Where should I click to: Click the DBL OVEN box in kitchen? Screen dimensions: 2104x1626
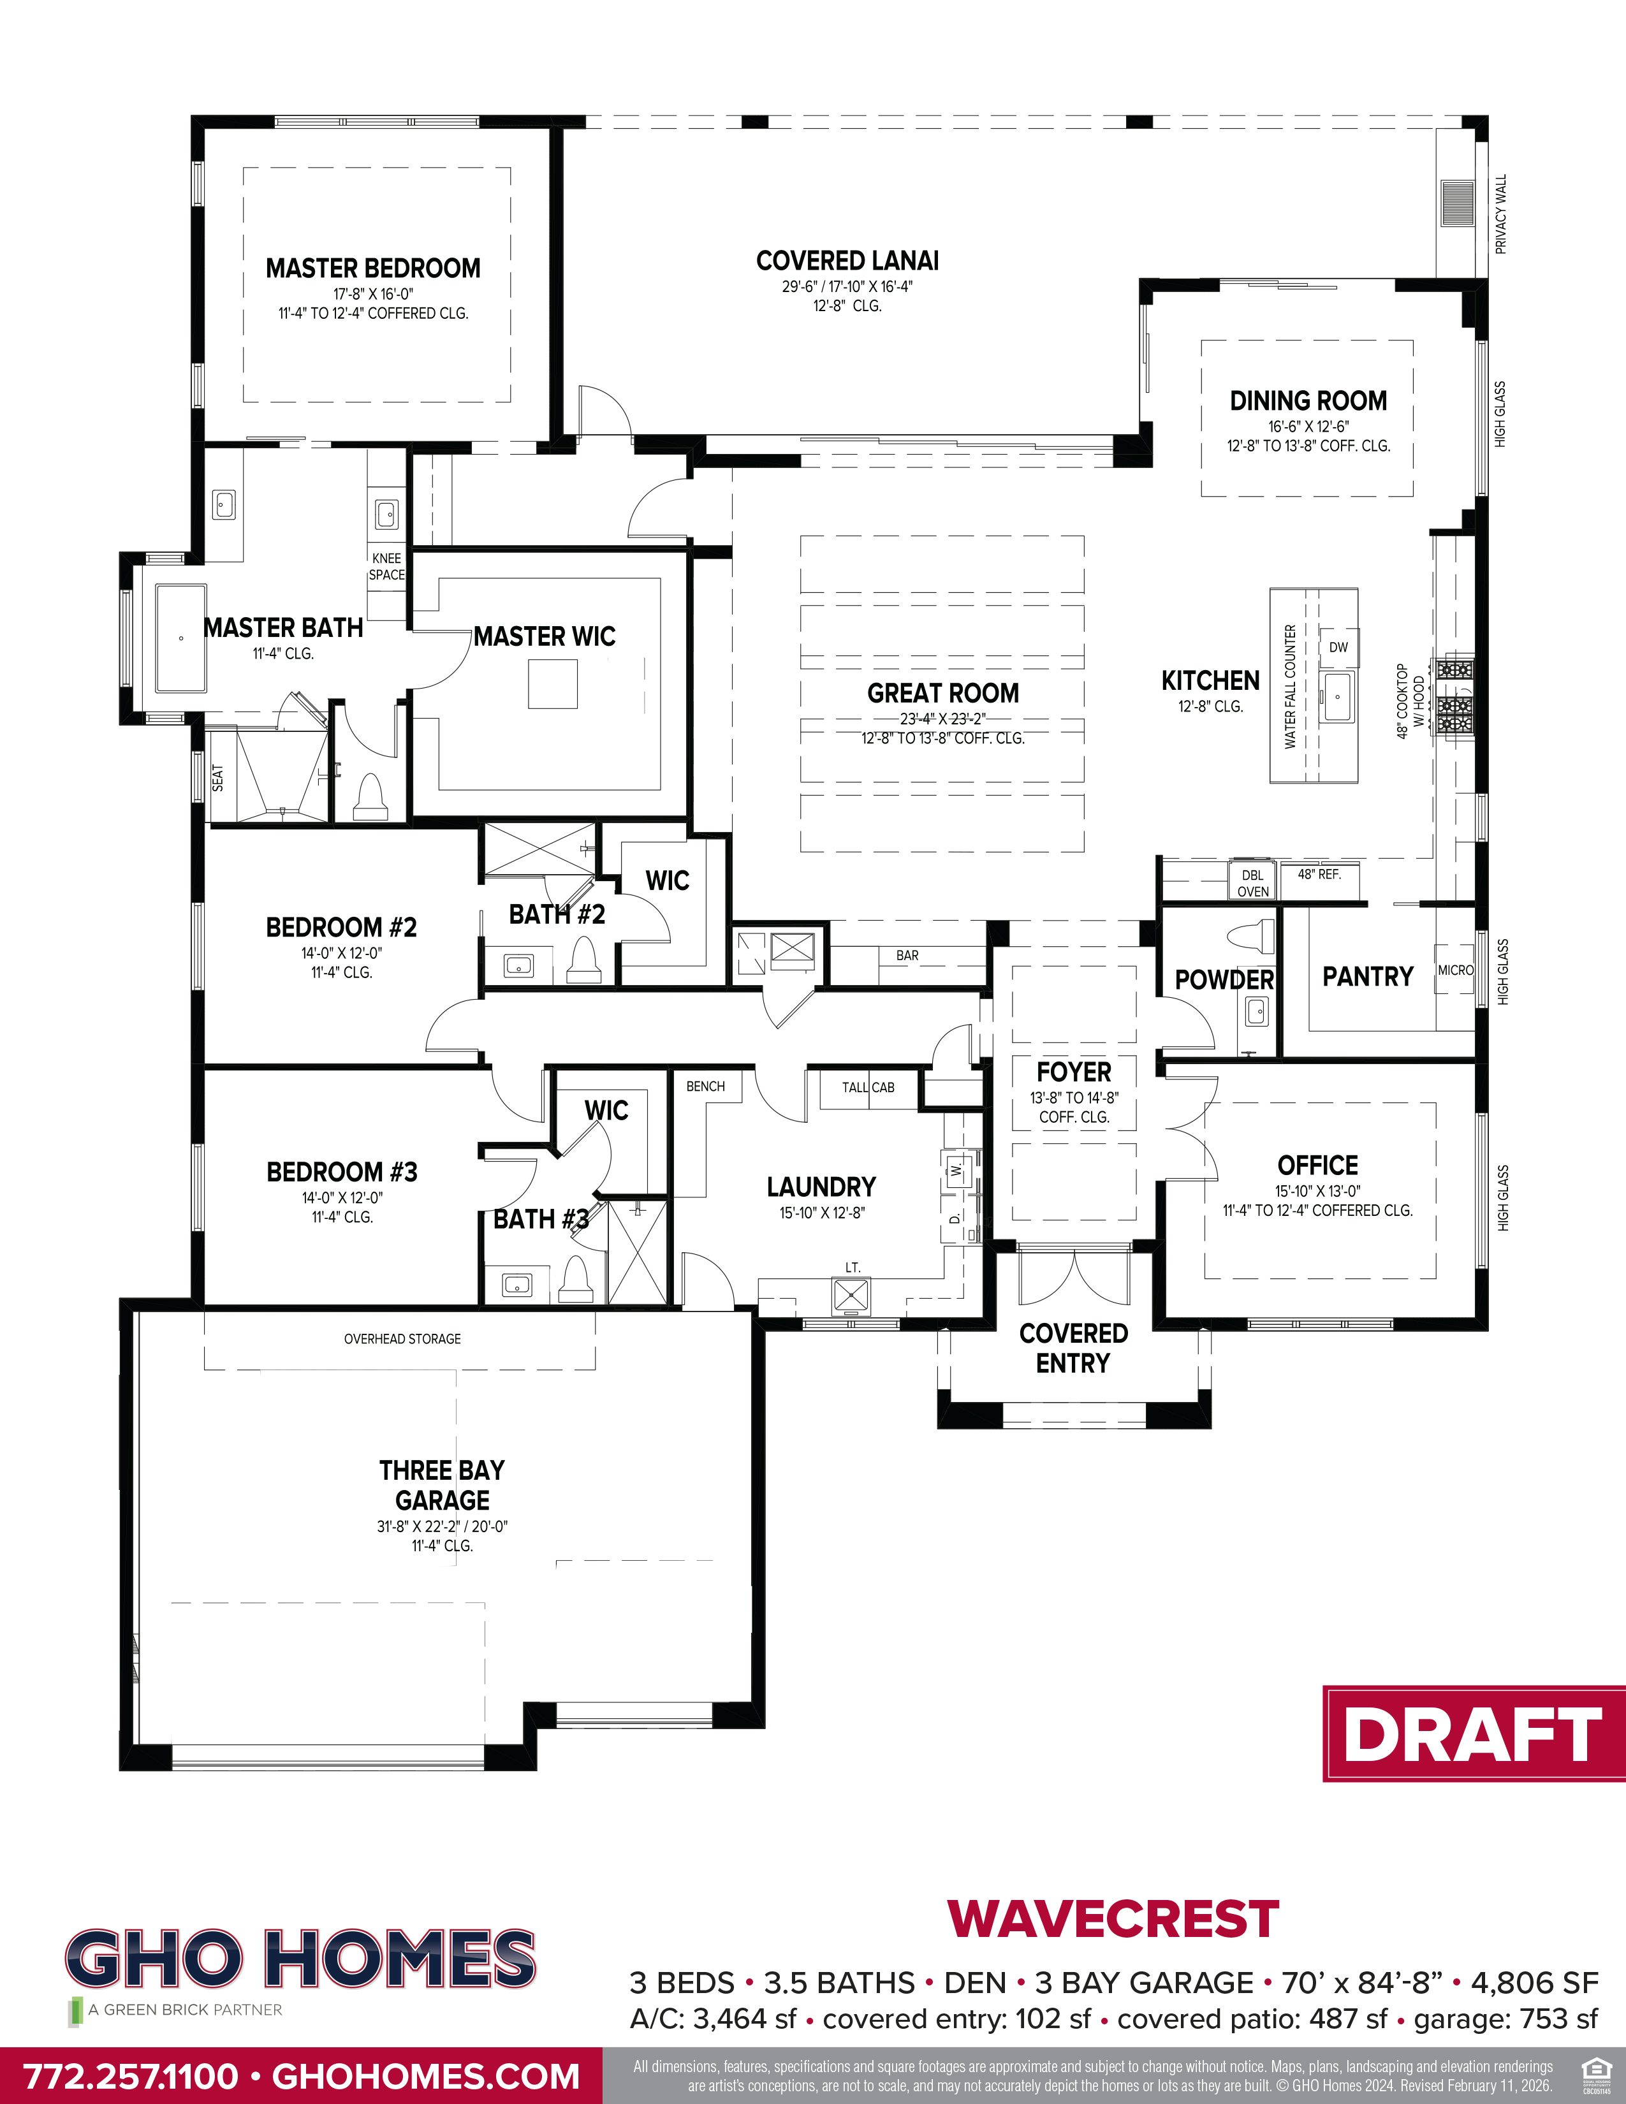pos(1252,882)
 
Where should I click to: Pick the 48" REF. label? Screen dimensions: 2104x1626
pos(1319,873)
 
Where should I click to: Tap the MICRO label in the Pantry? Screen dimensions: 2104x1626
pos(1454,970)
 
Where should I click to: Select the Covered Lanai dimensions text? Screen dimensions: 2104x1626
pos(847,287)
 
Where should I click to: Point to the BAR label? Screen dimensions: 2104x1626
pos(907,956)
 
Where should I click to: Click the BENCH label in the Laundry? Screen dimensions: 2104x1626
pos(705,1086)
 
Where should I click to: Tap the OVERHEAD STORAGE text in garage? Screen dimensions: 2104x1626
pos(402,1338)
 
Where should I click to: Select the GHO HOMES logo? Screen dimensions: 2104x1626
pos(300,1957)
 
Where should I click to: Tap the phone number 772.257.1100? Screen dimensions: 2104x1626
pos(130,2075)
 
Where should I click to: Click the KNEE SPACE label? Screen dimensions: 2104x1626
pos(386,566)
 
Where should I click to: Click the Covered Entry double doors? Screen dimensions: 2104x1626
pos(1073,1274)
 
